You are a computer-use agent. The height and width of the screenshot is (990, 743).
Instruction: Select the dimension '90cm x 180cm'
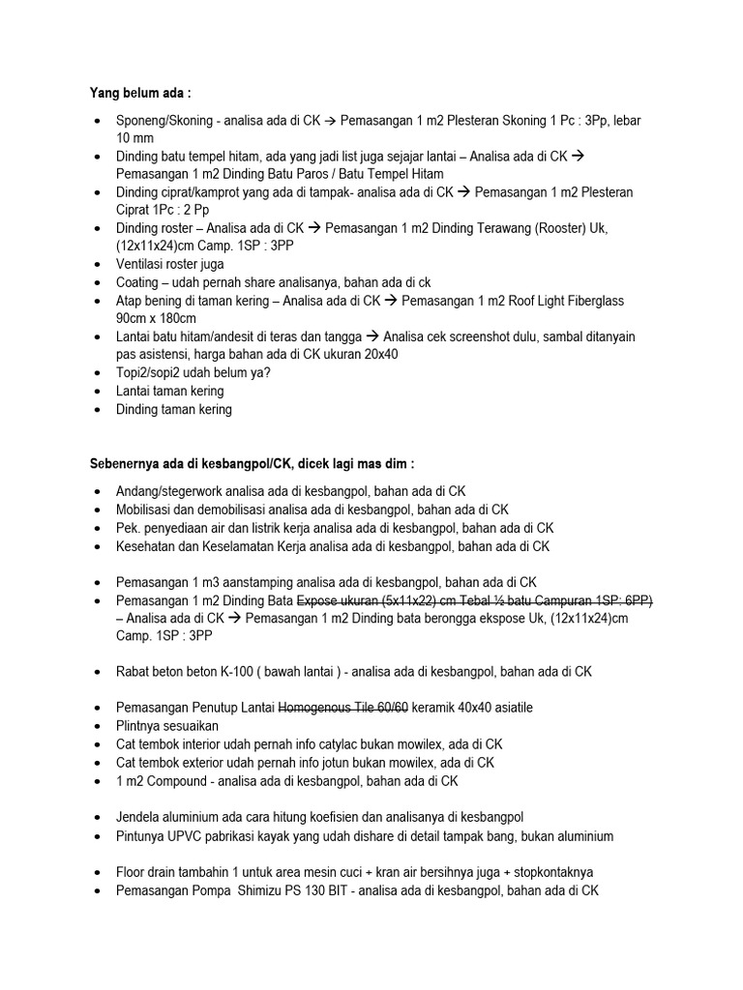point(158,317)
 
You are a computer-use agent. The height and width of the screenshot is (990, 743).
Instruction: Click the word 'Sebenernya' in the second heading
point(117,465)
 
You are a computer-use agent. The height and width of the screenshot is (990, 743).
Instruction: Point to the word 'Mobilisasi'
point(146,510)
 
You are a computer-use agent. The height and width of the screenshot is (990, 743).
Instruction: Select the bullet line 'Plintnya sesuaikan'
point(167,725)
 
